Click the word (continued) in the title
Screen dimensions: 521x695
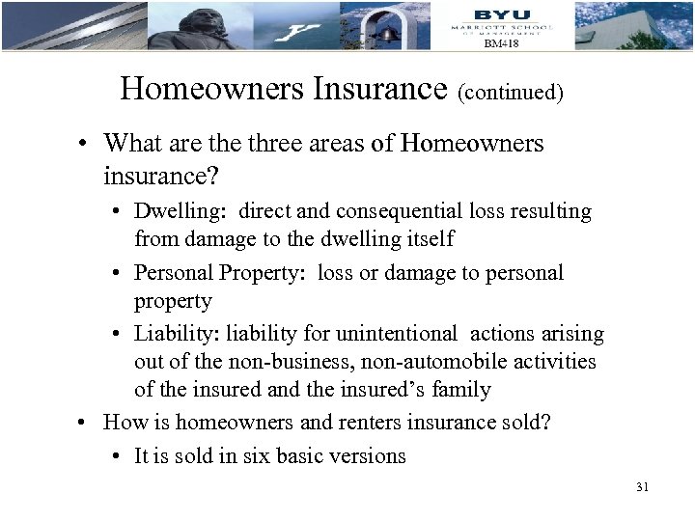[511, 93]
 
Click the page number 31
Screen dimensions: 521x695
[642, 488]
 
